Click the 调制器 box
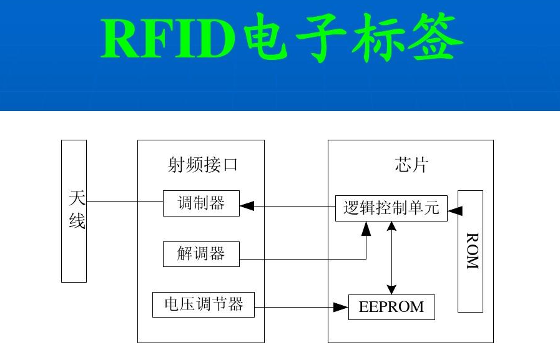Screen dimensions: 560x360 [x=201, y=203]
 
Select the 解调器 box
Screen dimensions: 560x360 [x=201, y=254]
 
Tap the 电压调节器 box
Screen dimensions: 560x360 [x=204, y=304]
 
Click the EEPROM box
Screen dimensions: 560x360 [x=391, y=307]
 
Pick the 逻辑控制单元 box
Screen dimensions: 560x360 [x=391, y=208]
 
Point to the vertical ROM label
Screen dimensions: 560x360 [x=472, y=251]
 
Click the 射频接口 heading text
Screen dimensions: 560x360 [x=202, y=165]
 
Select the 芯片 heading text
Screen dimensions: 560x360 [x=411, y=165]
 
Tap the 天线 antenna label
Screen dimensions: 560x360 [x=77, y=209]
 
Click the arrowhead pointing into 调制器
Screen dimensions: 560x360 [x=247, y=206]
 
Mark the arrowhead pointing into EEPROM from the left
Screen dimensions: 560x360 [x=341, y=307]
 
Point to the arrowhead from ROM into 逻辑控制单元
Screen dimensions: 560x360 [x=455, y=211]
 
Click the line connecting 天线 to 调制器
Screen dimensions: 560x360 [x=125, y=202]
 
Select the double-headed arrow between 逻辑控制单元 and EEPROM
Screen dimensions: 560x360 [x=392, y=258]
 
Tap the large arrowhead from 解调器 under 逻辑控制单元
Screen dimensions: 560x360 [x=366, y=229]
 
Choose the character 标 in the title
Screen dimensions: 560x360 [x=380, y=38]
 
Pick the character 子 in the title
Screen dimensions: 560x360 [x=322, y=38]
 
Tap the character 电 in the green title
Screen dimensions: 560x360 [x=267, y=37]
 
